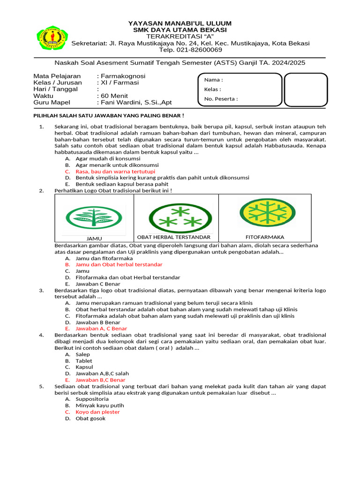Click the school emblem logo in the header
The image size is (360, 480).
[52, 37]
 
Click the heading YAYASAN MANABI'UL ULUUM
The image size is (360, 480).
[180, 23]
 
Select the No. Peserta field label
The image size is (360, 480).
[221, 99]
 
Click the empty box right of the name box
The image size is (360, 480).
[306, 90]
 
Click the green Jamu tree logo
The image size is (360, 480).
[95, 216]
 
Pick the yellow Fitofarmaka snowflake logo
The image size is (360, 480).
[267, 212]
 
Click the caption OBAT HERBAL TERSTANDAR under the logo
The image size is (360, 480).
[174, 237]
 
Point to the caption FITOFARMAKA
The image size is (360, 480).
[265, 237]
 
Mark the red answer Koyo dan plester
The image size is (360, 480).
[97, 412]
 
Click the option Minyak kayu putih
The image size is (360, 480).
[99, 405]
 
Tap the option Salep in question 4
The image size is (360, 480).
[82, 355]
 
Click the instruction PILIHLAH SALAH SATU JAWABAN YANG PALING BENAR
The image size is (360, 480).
[108, 116]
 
